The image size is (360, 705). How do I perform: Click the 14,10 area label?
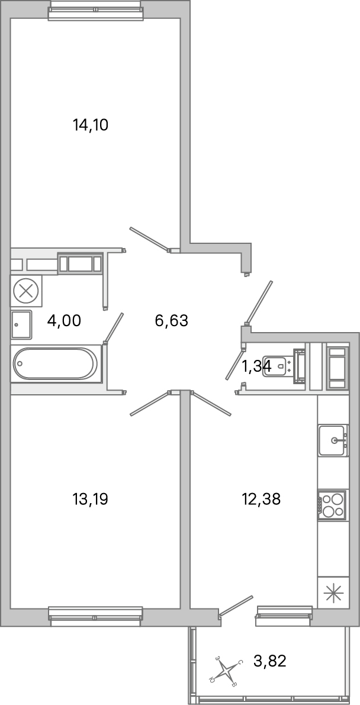click(x=91, y=125)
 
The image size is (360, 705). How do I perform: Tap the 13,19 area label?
click(x=90, y=499)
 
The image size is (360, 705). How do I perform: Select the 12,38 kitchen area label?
click(x=261, y=499)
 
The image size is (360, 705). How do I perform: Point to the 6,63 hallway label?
click(x=171, y=321)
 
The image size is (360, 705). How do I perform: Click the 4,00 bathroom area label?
click(x=64, y=321)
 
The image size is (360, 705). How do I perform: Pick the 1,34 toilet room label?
click(x=256, y=367)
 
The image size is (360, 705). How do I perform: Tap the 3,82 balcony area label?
click(x=269, y=661)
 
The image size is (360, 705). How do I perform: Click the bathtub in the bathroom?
click(x=56, y=364)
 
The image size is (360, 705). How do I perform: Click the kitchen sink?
click(x=333, y=440)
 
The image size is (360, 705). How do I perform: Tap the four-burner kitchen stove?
click(x=332, y=505)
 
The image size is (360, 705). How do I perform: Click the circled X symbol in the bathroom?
click(x=25, y=291)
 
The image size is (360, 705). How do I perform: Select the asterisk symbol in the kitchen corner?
click(x=333, y=593)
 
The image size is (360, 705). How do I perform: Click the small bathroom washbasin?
click(x=21, y=324)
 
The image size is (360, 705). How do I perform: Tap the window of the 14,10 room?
click(x=95, y=10)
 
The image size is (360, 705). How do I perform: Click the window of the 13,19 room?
click(x=95, y=616)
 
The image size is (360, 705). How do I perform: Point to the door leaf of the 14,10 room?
click(x=150, y=239)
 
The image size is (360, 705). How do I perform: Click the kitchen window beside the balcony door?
click(x=284, y=616)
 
